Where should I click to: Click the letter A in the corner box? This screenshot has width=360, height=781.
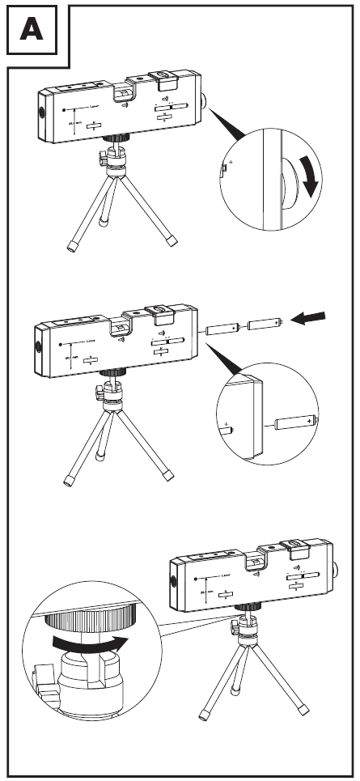pyautogui.click(x=32, y=31)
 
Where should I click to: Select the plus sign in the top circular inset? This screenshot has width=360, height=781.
pyautogui.click(x=232, y=163)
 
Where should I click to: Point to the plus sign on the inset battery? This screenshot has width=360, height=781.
pyautogui.click(x=310, y=418)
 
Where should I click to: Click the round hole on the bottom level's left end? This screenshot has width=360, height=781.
pyautogui.click(x=172, y=583)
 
